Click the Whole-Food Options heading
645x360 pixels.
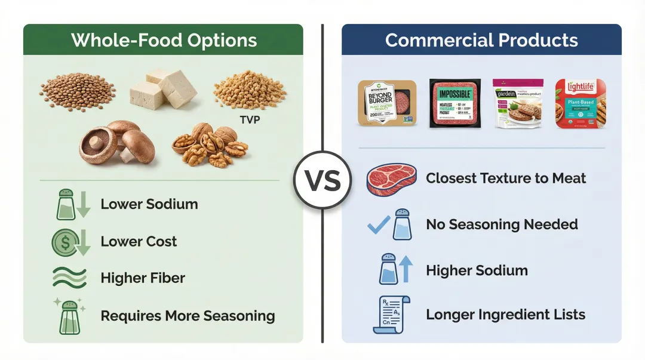[164, 40]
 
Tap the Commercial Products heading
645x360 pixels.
[481, 40]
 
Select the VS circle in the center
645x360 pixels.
[322, 180]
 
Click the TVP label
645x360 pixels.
[250, 119]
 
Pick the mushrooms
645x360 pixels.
[118, 143]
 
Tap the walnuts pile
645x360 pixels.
[210, 146]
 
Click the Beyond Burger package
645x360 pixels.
[386, 103]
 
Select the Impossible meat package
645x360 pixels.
[455, 103]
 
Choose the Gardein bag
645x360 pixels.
[517, 103]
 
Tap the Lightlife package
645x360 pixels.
[580, 103]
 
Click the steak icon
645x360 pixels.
[391, 179]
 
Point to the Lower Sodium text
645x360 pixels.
[149, 204]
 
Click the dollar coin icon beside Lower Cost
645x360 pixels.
[64, 242]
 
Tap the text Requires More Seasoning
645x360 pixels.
[188, 316]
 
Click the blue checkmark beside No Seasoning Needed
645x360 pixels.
[378, 225]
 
